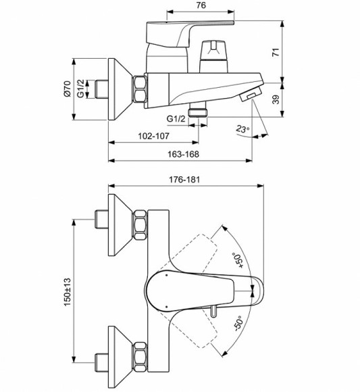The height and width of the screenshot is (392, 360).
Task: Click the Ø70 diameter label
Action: (66, 90)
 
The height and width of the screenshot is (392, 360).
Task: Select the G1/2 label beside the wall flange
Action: (80, 90)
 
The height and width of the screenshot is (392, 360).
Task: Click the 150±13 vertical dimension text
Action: (66, 292)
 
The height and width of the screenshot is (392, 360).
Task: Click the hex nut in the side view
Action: (140, 90)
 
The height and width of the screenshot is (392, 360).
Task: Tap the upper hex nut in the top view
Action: (140, 223)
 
